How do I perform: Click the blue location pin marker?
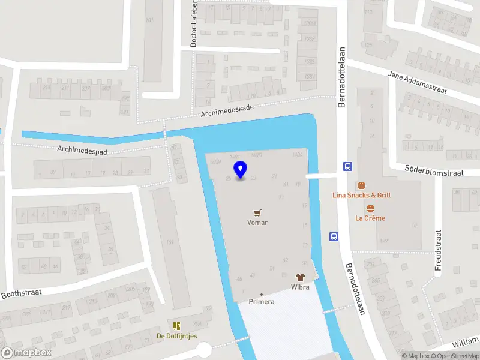click(241, 170)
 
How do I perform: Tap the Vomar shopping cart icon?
click(257, 212)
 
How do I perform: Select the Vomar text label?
click(257, 223)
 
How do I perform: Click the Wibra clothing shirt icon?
click(301, 277)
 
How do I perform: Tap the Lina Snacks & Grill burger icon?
click(361, 185)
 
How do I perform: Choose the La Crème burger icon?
click(370, 208)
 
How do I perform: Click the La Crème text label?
click(370, 218)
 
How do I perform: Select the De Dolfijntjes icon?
click(176, 326)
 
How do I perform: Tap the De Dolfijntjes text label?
click(177, 336)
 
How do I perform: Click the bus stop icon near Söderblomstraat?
click(347, 166)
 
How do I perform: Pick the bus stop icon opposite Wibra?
click(333, 237)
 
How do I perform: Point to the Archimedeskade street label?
click(228, 110)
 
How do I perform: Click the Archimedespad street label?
click(82, 149)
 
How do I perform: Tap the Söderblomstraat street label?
click(435, 172)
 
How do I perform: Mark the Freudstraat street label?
click(438, 248)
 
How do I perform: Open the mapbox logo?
click(26, 352)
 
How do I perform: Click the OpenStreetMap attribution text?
click(454, 356)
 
